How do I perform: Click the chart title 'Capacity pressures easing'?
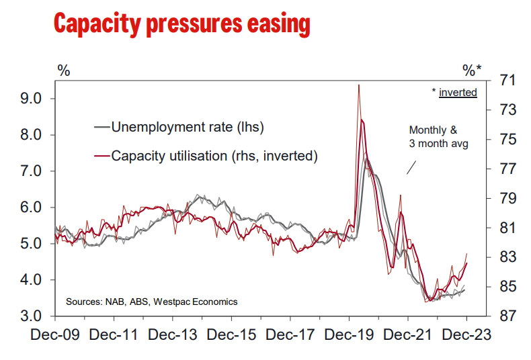[x=181, y=24]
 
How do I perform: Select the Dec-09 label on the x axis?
[x=55, y=335]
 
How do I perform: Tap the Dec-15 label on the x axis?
[x=232, y=335]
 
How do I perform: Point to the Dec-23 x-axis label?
[x=466, y=335]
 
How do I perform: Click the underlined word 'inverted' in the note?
[x=458, y=92]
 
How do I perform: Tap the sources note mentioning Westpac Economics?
[x=151, y=302]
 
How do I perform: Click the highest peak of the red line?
[x=359, y=85]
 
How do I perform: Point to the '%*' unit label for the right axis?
[x=472, y=70]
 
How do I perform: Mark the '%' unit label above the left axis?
[x=63, y=70]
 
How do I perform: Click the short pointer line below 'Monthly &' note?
[x=411, y=167]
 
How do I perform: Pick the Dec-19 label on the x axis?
[x=349, y=335]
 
